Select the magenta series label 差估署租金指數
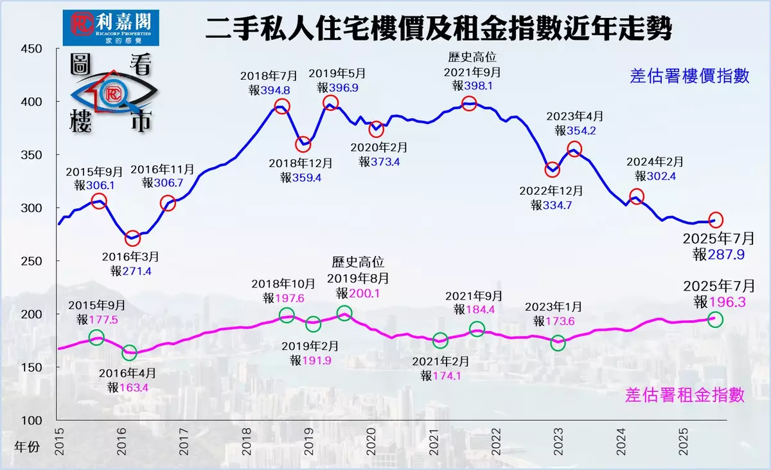pyautogui.click(x=685, y=395)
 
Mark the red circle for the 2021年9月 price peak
pyautogui.click(x=469, y=104)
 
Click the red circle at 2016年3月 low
pyautogui.click(x=132, y=239)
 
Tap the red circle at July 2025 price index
pyautogui.click(x=715, y=220)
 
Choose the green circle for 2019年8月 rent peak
pyautogui.click(x=344, y=314)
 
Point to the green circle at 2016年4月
pyautogui.click(x=130, y=352)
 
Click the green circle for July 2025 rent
pyautogui.click(x=715, y=319)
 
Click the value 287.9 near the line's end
pyautogui.click(x=727, y=255)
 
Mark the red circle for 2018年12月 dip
pyautogui.click(x=303, y=145)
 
